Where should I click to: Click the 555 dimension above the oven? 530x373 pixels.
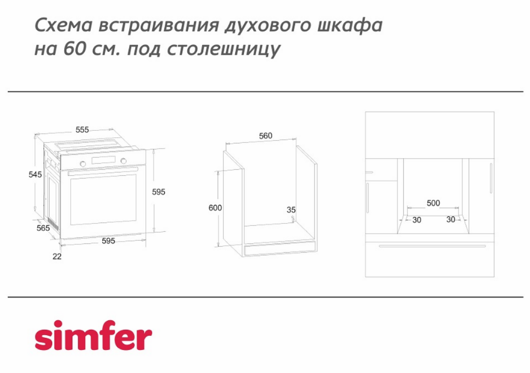82,130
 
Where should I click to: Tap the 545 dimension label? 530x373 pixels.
35,175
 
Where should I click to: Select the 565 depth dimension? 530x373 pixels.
43,228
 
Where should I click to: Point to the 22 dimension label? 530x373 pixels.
57,257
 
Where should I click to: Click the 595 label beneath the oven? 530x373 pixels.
109,241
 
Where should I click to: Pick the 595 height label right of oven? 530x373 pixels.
159,192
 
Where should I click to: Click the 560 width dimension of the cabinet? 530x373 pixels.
266,136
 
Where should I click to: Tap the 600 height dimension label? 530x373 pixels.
215,208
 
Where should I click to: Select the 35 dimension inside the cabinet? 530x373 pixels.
291,210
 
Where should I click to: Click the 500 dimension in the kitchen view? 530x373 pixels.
433,203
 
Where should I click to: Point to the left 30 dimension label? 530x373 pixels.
417,220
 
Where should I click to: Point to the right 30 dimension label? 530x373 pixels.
450,220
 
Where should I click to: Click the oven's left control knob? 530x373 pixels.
83,164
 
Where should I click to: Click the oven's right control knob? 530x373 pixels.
124,161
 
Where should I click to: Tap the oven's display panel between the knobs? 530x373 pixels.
103,160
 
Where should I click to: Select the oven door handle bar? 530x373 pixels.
103,171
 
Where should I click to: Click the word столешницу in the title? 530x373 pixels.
224,49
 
